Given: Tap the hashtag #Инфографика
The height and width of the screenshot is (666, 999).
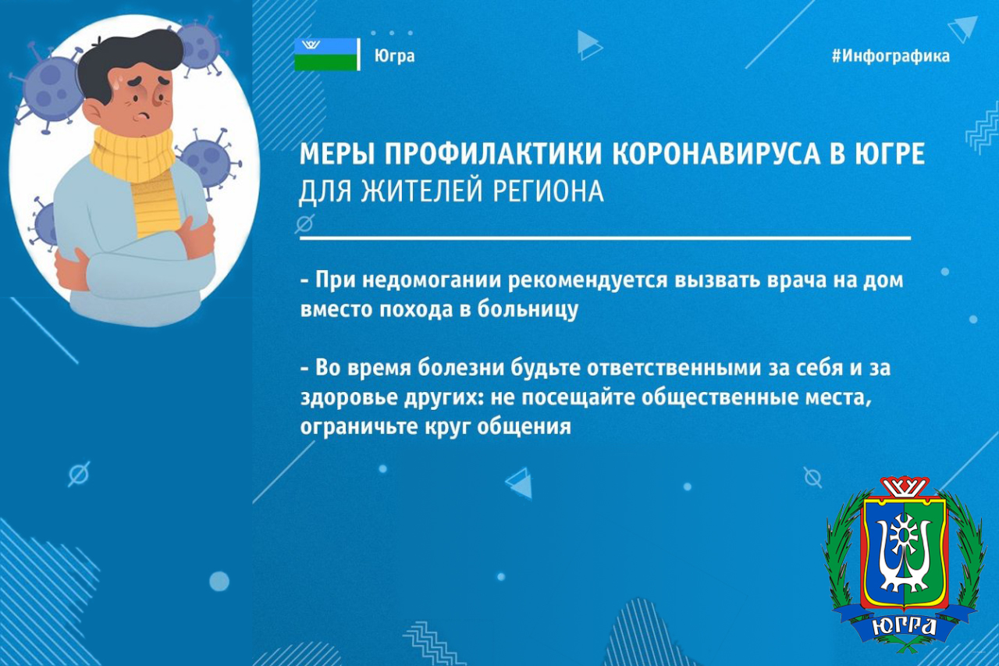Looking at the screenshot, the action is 891,56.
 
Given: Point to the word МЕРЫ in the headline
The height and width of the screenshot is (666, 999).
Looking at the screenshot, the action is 338,154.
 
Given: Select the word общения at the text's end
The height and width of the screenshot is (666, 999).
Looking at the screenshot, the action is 524,426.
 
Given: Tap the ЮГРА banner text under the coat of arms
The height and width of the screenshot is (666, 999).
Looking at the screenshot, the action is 904,625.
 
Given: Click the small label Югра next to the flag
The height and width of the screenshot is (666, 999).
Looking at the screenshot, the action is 395,56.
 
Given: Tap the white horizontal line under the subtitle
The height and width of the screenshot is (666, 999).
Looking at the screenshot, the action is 605,239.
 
